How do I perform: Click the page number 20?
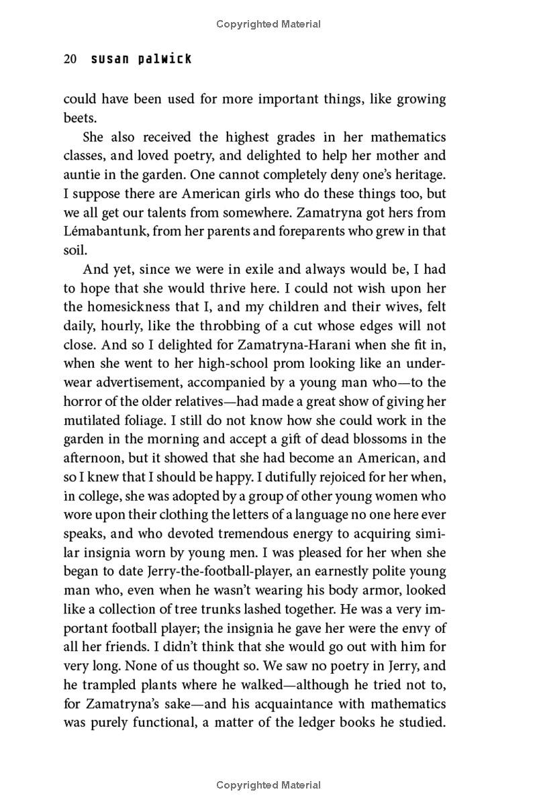coord(70,59)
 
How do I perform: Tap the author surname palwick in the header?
coord(164,59)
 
